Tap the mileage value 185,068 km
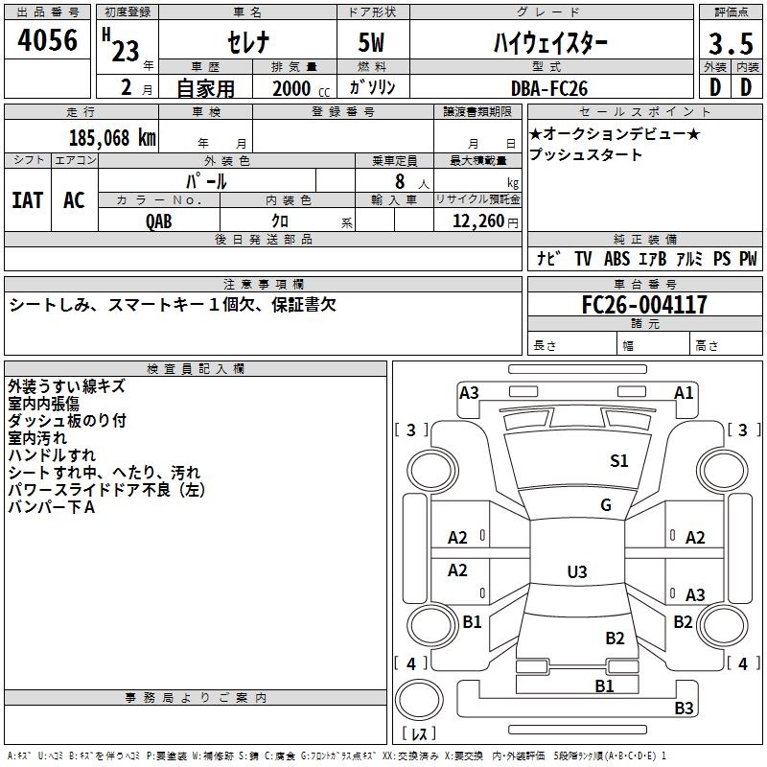[112, 137]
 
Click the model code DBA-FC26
[548, 87]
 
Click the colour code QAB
[159, 220]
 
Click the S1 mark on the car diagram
[619, 461]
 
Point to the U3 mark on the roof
[576, 572]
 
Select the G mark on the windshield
[606, 505]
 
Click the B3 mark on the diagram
[684, 709]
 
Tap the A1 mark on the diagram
[684, 392]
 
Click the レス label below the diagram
[419, 734]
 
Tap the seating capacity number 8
[398, 180]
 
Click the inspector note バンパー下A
[51, 507]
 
